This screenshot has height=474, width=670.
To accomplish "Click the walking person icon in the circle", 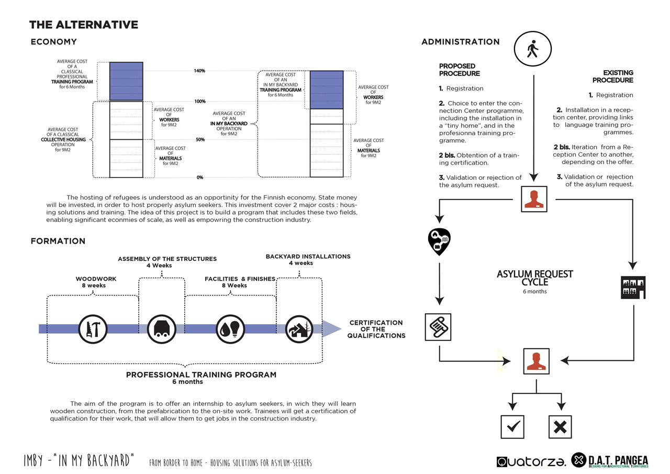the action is tap(533, 49).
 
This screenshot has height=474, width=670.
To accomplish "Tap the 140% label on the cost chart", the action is tap(199, 71).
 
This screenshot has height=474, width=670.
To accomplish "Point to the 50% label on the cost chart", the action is tap(200, 139).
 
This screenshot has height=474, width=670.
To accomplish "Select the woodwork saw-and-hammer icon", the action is tap(93, 329).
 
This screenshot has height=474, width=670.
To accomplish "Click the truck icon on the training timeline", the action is tap(162, 329).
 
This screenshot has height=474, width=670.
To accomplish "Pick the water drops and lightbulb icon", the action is tap(230, 329).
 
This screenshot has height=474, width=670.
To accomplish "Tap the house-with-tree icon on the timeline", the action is tap(299, 329).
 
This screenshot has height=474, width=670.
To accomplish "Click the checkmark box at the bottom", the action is tap(512, 427).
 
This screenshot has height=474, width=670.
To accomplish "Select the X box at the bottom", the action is tap(560, 427).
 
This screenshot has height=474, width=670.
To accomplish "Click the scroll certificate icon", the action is tap(438, 327).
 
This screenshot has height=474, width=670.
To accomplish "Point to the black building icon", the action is tap(633, 287).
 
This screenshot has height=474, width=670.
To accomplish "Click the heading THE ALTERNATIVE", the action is tap(84, 25).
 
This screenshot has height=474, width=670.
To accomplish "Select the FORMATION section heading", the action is tap(58, 241).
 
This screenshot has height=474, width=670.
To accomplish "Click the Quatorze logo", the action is tap(531, 461).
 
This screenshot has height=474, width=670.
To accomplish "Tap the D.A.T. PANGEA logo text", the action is tap(618, 461).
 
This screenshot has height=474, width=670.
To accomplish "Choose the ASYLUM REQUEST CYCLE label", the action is tap(535, 278).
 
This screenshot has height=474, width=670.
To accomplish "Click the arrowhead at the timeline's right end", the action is tap(332, 328).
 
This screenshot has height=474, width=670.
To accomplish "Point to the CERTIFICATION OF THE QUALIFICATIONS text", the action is tap(376, 329).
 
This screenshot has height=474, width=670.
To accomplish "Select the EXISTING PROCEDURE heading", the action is tap(612, 76).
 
